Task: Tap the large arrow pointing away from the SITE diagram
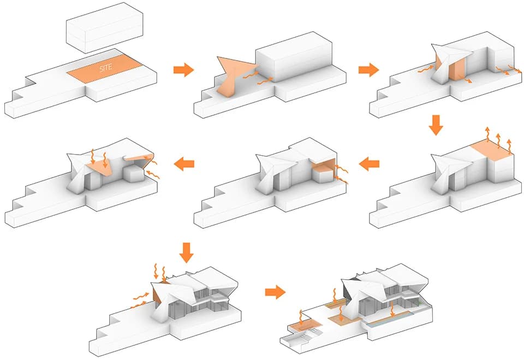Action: [183, 69]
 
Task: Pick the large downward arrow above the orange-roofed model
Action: [436, 125]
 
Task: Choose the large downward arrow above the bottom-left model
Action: [187, 251]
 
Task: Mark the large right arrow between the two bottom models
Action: [275, 293]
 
